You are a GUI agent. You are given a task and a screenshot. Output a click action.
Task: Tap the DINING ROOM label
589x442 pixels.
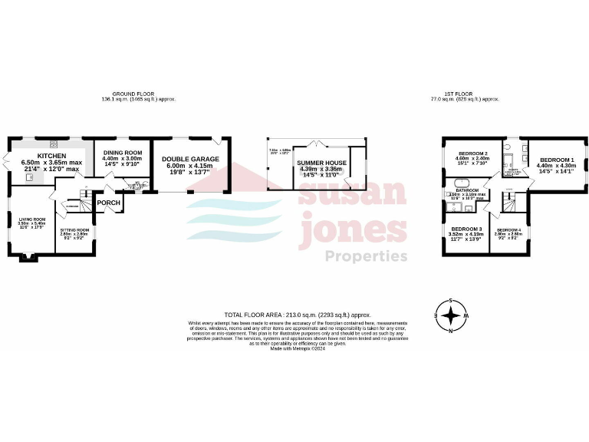(123, 153)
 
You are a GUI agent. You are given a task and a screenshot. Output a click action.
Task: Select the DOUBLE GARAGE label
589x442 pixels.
(190, 159)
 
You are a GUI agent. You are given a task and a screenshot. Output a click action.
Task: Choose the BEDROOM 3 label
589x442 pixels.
(466, 229)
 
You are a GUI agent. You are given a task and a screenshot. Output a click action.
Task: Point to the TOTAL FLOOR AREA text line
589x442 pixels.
(297, 315)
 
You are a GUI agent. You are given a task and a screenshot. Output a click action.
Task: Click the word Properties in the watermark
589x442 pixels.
(367, 256)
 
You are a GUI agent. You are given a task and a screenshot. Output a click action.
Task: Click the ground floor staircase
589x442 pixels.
(87, 203)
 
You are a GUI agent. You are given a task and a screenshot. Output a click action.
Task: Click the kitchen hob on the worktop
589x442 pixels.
(54, 143)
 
